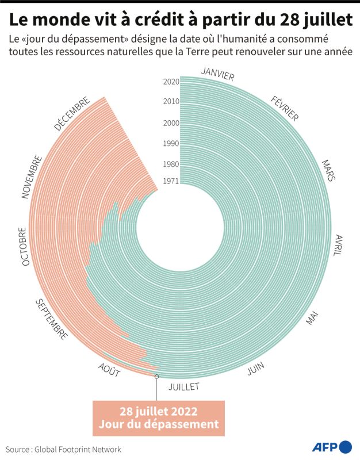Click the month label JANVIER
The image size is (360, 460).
point(218,74)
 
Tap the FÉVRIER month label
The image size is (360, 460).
point(284,109)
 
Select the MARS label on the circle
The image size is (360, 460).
point(328,170)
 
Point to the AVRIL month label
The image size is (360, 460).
point(339,246)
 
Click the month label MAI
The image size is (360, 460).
point(312,318)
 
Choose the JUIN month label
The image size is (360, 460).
point(255,368)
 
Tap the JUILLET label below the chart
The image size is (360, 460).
point(183,386)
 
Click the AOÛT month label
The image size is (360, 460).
point(109,370)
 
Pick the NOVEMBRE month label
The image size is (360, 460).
point(32,177)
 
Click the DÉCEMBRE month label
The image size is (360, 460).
point(72,113)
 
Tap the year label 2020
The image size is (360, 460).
point(171,82)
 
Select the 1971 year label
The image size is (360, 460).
point(171,181)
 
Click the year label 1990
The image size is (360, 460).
point(171,143)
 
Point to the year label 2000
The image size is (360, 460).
point(171,123)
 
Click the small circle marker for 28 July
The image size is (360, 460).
point(156,376)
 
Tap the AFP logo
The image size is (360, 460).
point(332,447)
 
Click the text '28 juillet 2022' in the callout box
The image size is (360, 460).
point(159,411)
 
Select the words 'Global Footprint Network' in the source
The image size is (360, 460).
point(78,449)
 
